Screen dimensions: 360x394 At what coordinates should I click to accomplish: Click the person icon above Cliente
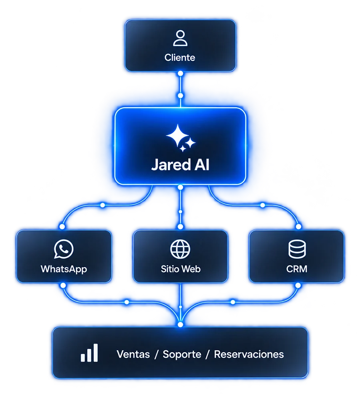tap(180, 38)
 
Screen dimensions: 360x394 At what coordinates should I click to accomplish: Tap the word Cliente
tap(180, 58)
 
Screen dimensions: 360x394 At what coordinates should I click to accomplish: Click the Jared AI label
tap(180, 165)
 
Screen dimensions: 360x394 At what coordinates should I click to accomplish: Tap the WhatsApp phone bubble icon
tap(64, 249)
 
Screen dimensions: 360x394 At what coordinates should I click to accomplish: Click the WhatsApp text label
tap(64, 269)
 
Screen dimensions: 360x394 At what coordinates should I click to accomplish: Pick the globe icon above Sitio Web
tap(180, 249)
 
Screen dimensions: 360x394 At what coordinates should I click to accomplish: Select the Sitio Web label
tap(181, 269)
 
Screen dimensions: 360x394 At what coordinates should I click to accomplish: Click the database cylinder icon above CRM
tap(297, 249)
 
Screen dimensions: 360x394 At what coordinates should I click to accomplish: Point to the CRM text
tap(297, 269)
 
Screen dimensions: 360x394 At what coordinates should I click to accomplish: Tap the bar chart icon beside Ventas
tap(89, 353)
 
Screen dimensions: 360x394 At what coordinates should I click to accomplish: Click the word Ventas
tap(133, 354)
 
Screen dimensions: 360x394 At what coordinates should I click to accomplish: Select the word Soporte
tap(182, 354)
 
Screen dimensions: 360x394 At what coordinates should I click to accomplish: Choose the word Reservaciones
tap(249, 354)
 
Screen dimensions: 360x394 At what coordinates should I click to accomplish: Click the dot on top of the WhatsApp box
tap(62, 226)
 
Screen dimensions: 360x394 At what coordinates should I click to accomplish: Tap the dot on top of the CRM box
tap(298, 226)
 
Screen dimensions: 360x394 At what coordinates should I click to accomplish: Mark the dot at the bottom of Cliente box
tap(180, 73)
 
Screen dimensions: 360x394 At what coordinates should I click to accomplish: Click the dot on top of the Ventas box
tap(180, 324)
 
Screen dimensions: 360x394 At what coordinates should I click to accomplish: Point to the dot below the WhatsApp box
tap(63, 285)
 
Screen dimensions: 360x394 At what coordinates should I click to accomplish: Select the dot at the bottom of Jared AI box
tap(180, 187)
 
